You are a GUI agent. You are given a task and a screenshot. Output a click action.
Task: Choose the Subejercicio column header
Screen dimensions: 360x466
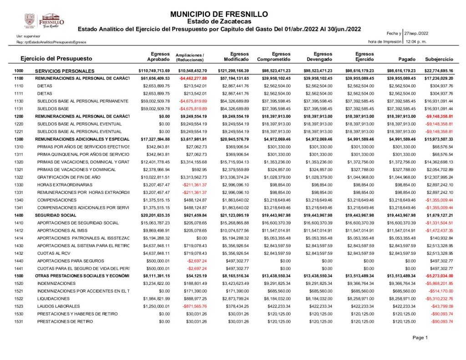tap(439, 60)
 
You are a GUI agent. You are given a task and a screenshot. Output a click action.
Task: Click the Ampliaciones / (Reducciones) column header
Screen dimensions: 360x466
tap(190, 57)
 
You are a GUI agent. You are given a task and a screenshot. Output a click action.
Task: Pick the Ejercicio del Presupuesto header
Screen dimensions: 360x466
tap(56, 59)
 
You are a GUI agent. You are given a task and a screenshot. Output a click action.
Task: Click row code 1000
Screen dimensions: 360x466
tap(19, 71)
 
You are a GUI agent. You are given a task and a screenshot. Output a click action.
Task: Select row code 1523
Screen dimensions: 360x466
tap(19, 306)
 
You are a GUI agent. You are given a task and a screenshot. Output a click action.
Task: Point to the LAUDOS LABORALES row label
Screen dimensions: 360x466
tap(58, 306)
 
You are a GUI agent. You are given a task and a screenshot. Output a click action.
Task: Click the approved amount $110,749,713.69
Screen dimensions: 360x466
tap(154, 71)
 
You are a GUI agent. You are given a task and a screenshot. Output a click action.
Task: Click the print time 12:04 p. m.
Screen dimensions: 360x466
tap(415, 41)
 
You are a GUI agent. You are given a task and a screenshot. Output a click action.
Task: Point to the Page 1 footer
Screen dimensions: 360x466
tap(420, 338)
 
